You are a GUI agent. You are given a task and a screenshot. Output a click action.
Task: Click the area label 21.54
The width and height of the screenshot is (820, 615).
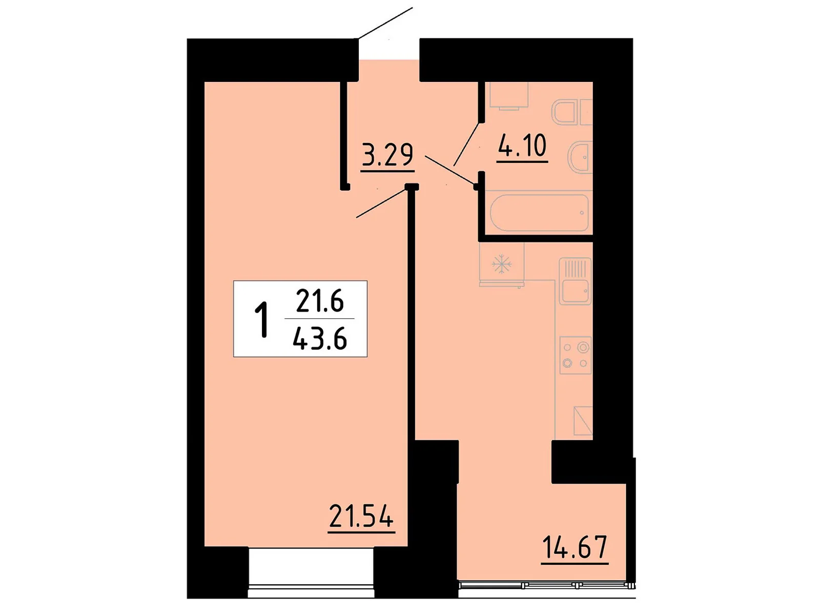pos(361,516)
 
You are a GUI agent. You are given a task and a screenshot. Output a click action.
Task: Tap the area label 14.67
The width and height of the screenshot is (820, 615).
pos(575,547)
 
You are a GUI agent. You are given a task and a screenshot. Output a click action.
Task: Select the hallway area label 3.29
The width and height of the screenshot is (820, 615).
pos(387,155)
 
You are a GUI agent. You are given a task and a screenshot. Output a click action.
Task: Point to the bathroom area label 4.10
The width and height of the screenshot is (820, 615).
pos(522,146)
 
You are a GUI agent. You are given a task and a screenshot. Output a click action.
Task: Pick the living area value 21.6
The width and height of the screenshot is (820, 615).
pos(320,301)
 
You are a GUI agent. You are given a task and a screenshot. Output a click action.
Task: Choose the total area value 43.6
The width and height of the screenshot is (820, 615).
pos(320,339)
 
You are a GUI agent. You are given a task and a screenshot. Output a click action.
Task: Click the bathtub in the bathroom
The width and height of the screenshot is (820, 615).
pos(539,212)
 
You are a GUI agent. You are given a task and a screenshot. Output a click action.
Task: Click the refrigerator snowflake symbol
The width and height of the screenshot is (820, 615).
pos(502,265)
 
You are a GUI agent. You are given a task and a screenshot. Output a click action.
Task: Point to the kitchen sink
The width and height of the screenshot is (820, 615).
pos(575,281)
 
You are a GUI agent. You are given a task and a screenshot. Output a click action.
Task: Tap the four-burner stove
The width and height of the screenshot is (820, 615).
pos(575,355)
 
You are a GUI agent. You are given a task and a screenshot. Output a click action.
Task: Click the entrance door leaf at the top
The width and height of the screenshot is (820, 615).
pos(385,23)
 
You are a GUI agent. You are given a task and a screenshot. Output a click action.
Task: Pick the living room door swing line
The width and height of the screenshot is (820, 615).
pos(382,203)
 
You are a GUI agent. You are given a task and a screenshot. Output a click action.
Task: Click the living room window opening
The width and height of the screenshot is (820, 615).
pos(311,571)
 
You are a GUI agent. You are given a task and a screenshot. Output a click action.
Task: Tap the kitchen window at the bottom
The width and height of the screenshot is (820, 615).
pos(543,585)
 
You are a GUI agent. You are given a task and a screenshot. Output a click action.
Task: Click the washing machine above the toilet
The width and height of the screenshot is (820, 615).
pos(508,95)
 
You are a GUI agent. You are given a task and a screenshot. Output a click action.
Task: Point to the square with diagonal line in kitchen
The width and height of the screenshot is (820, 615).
pos(583,421)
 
